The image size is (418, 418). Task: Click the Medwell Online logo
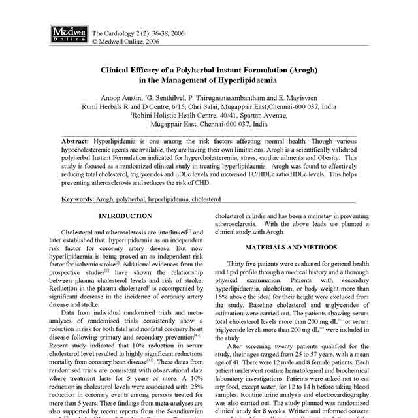67,35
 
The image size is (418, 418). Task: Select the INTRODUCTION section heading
125,216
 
